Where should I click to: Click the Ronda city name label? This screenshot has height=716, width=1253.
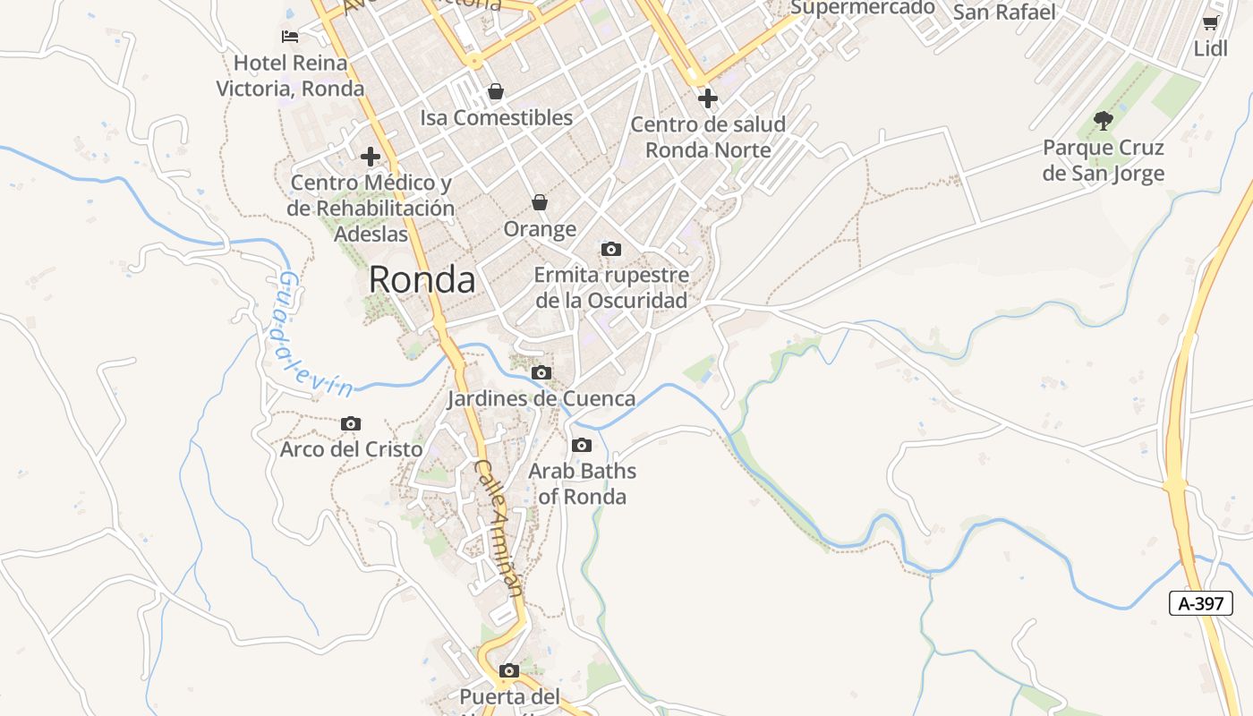coord(422,280)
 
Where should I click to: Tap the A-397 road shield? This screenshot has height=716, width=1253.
coord(1200,603)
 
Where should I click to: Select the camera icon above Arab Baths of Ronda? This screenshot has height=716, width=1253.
coord(582,445)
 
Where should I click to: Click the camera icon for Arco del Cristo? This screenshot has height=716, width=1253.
coord(351,423)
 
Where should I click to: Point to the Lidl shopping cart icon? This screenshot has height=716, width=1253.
coord(1210,22)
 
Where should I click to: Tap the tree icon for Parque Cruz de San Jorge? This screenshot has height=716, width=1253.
coord(1104,120)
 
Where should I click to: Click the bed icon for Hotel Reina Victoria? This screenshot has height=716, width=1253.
coord(290,37)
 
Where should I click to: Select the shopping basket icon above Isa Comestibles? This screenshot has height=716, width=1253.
coord(496,91)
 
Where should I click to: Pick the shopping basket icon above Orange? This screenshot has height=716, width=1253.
coord(539,203)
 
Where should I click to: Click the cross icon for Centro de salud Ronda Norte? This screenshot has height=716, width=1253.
coord(708,98)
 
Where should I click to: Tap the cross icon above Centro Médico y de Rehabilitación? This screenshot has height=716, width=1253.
coord(371,157)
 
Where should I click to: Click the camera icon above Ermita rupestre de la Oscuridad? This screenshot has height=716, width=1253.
coord(611,249)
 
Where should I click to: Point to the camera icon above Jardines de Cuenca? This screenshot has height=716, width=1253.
coord(541,372)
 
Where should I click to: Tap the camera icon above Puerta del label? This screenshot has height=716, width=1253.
coord(509,670)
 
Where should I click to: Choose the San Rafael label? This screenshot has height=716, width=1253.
coord(1004,13)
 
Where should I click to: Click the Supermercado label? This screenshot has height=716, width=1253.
coord(863,8)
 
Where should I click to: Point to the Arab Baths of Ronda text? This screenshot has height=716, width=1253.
coord(583,483)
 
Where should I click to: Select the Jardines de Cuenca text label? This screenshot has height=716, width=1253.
coord(541,398)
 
